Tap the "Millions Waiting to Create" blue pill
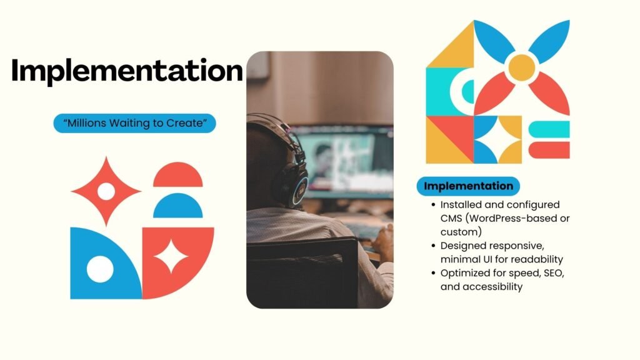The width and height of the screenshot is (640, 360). tap(135, 123)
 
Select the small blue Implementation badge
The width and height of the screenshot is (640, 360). tap(468, 186)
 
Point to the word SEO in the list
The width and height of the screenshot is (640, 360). tap(554, 273)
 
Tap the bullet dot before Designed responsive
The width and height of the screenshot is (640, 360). tap(434, 246)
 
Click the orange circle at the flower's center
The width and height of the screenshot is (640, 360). tap(522, 67)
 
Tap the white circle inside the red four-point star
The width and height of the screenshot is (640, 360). tap(106, 191)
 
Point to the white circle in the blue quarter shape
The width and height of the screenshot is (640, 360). tap(100, 269)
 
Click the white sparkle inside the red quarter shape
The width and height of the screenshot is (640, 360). tap(171, 256)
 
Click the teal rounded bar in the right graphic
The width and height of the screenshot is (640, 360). tap(549, 129)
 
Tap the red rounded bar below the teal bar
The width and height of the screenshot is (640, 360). tap(549, 150)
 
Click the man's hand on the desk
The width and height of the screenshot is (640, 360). tap(383, 242)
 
